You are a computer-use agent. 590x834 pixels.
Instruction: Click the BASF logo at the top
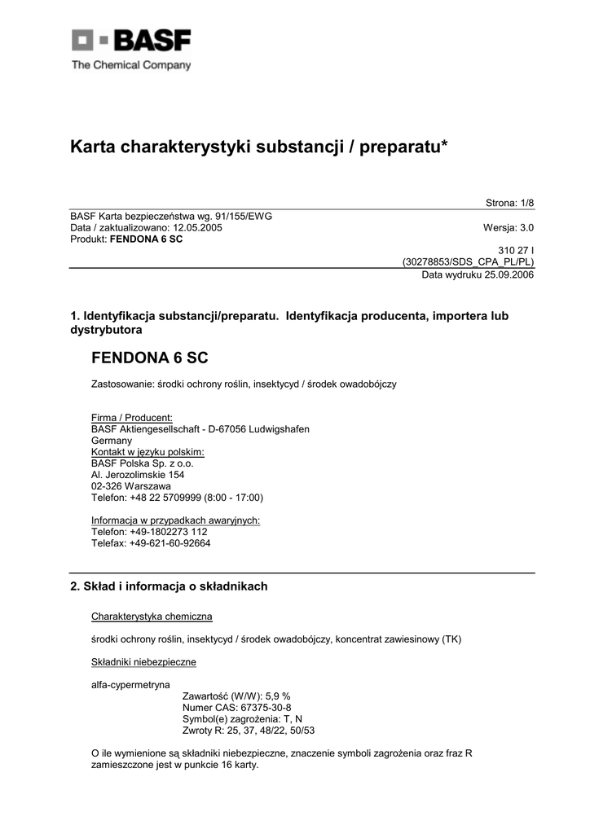pos(131,42)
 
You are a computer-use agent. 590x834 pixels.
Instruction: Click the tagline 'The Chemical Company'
pos(131,65)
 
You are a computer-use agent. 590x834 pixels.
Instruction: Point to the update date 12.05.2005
pos(196,228)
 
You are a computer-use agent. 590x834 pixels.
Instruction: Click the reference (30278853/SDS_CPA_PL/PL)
pos(469,263)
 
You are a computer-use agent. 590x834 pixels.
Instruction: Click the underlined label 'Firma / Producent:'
pos(125,418)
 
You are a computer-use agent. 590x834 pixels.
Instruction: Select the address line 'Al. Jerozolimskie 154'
pos(137,474)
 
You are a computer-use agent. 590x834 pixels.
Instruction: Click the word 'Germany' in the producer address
pos(112,441)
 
